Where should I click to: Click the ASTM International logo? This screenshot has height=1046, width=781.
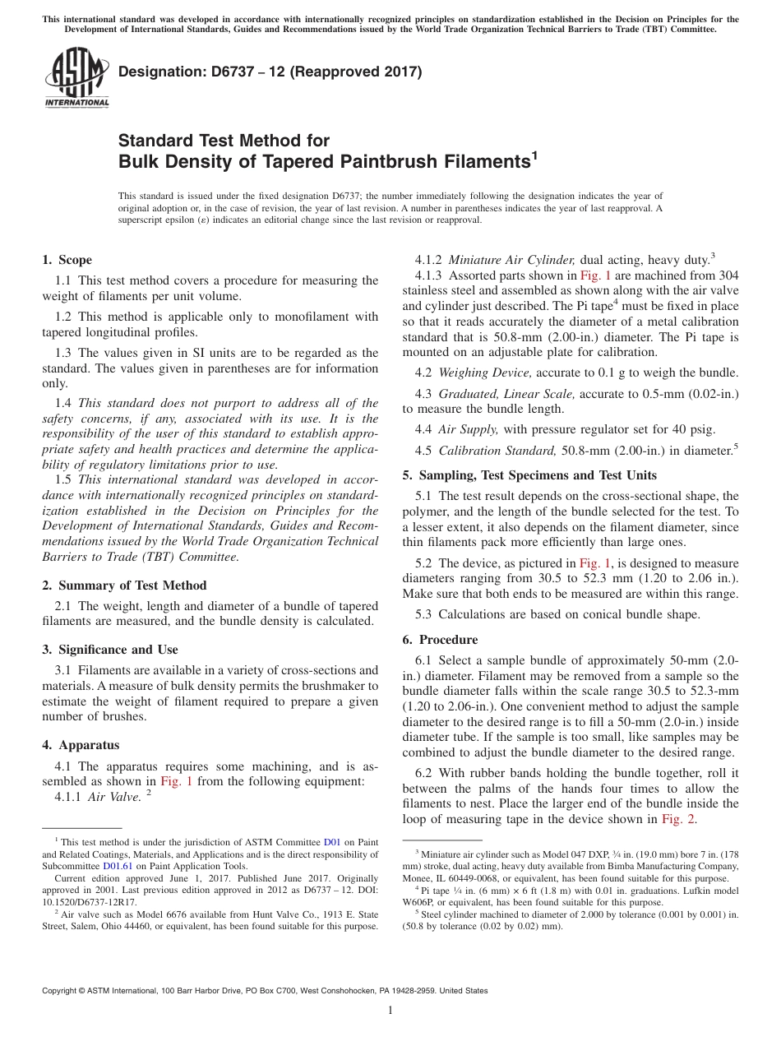76,77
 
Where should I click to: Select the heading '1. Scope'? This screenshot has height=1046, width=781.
67,260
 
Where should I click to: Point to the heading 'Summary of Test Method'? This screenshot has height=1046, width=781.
130,585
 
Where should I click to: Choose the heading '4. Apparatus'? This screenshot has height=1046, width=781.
81,745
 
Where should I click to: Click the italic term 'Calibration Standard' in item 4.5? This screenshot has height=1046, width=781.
497,451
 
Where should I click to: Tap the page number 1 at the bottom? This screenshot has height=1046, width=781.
390,1011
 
